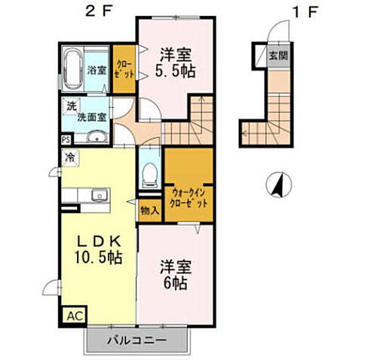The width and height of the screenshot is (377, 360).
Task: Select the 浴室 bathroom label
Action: click(x=96, y=70)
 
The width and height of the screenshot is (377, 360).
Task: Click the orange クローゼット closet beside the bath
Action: click(x=124, y=69)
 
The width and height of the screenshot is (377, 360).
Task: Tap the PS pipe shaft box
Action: click(x=66, y=139)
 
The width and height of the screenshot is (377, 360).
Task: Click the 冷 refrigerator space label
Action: click(x=69, y=158)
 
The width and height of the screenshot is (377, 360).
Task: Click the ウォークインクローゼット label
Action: click(x=188, y=198)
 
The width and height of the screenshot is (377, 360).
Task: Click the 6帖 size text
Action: click(x=174, y=283)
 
